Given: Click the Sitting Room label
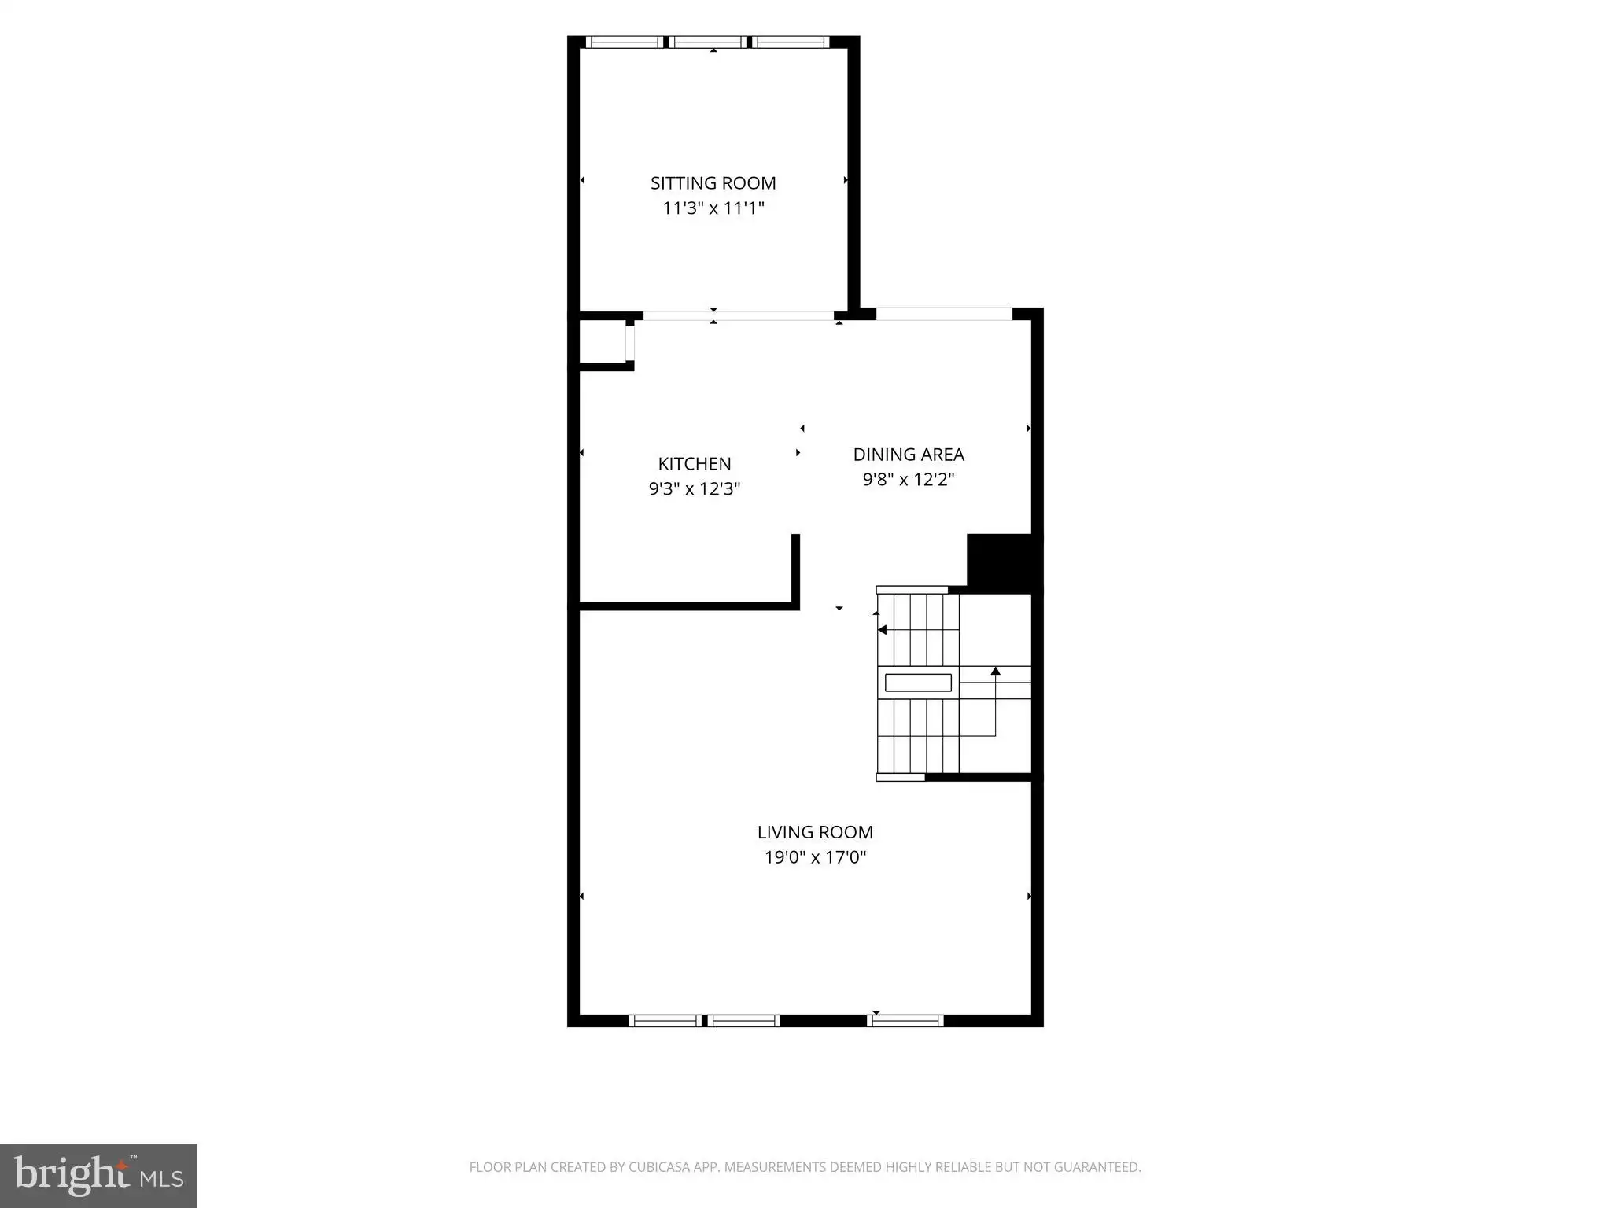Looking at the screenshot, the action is click(x=713, y=183).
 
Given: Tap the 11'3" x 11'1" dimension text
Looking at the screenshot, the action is click(x=713, y=208).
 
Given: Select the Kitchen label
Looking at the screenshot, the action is click(x=695, y=464).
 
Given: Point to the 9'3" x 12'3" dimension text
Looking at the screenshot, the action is click(x=695, y=489).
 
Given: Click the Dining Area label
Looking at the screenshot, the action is click(x=909, y=455).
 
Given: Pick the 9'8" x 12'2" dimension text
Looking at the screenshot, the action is click(x=909, y=480).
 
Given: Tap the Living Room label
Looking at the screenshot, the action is click(x=815, y=832).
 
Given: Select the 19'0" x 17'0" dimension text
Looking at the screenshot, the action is click(x=815, y=857).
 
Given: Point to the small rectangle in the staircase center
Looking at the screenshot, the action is click(x=918, y=683).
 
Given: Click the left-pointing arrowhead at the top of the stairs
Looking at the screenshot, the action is click(x=882, y=630).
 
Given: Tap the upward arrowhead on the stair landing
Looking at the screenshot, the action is click(x=995, y=671).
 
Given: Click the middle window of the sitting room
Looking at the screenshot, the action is click(x=708, y=42).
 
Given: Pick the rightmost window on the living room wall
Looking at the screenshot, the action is click(x=905, y=1021).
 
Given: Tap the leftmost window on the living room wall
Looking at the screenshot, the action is click(x=665, y=1021).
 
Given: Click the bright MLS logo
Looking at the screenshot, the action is click(x=98, y=1176).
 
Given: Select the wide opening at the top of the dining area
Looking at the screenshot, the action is click(x=944, y=314).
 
